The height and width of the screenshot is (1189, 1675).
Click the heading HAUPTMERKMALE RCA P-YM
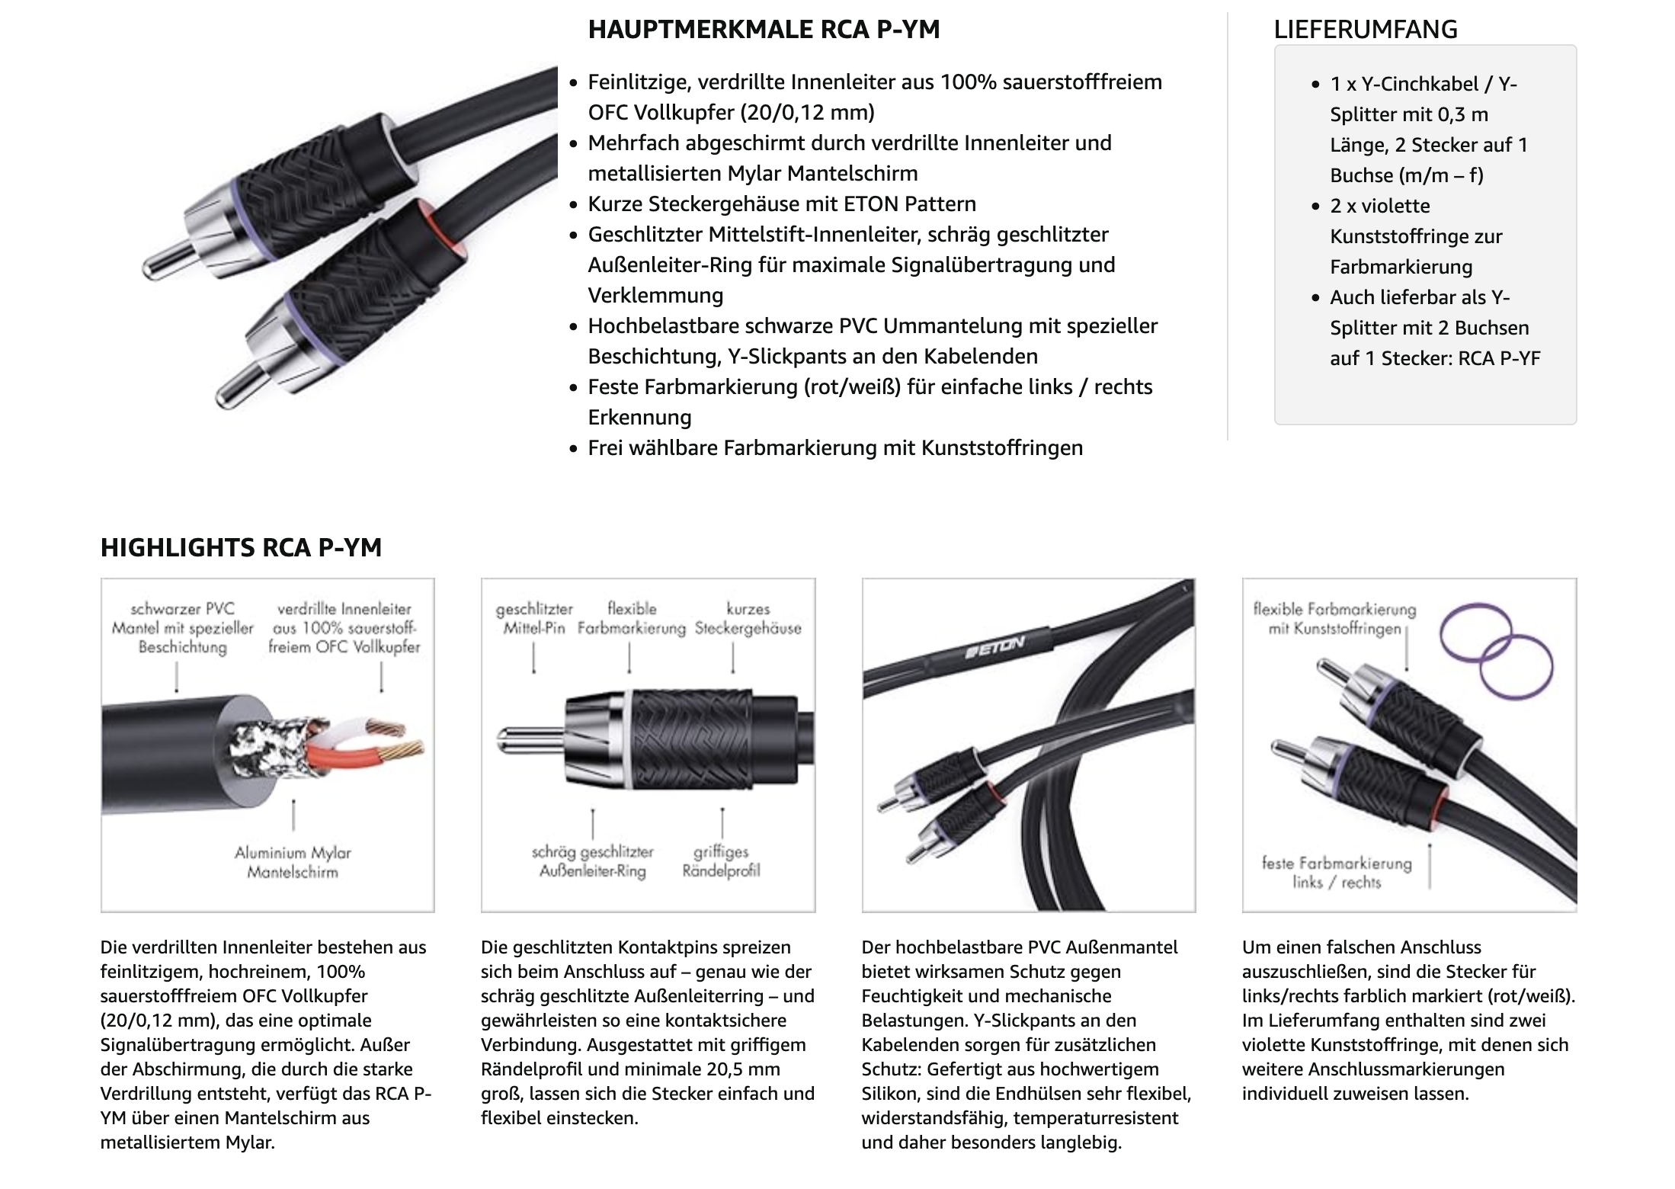click(764, 30)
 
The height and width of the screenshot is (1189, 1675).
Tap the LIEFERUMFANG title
click(1365, 30)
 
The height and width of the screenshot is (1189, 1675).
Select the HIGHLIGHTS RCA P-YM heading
click(241, 547)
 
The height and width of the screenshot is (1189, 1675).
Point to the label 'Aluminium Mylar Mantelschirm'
click(293, 862)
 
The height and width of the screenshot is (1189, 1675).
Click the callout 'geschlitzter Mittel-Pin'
click(533, 618)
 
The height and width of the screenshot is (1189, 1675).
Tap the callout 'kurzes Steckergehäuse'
click(748, 618)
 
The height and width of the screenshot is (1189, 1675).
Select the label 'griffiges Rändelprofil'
click(721, 861)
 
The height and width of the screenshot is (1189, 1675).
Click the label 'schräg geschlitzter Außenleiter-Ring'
click(592, 861)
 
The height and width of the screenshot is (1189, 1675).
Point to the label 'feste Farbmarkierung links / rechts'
click(1337, 873)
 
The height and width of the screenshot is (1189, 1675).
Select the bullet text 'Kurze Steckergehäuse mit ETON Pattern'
click(782, 204)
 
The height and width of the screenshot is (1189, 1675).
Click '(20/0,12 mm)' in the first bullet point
click(808, 113)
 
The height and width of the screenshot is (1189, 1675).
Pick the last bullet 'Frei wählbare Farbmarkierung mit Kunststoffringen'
click(835, 448)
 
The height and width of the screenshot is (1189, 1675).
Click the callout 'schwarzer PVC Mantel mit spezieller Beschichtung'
click(182, 628)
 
